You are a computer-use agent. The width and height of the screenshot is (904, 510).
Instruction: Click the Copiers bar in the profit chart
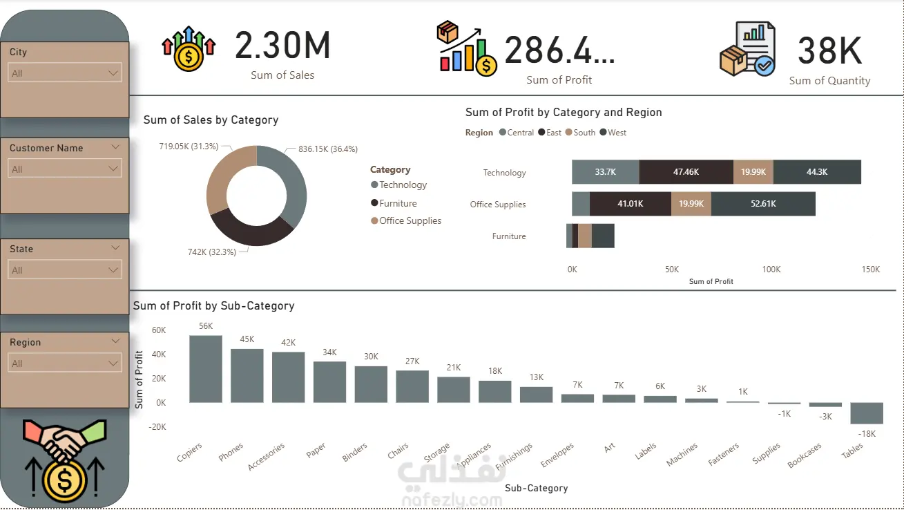tap(206, 369)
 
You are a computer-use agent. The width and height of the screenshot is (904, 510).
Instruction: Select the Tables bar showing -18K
tap(867, 413)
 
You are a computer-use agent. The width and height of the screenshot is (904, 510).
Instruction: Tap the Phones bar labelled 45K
tap(247, 375)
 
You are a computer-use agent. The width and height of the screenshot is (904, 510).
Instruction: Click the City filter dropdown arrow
tap(114, 73)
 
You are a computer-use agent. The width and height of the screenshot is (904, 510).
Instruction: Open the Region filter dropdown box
tap(66, 363)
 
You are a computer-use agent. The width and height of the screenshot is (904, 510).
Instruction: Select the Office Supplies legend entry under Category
tap(410, 221)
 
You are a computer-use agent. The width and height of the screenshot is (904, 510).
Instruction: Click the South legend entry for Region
tap(584, 133)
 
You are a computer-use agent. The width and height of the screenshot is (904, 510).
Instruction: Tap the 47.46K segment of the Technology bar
tap(686, 172)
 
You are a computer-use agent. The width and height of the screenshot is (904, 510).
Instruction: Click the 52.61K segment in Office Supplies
tap(762, 204)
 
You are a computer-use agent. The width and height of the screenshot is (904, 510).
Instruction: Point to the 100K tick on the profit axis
tap(771, 270)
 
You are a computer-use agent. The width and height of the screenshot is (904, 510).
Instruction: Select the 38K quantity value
tap(829, 51)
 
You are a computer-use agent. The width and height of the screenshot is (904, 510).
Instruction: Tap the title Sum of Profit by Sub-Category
tap(213, 305)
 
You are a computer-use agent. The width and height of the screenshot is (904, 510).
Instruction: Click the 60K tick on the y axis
tap(158, 330)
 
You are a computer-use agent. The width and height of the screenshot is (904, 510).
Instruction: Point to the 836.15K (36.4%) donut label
tap(327, 149)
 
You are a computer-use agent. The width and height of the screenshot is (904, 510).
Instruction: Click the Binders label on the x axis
tap(355, 453)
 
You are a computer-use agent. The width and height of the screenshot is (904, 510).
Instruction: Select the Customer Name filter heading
tap(46, 148)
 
